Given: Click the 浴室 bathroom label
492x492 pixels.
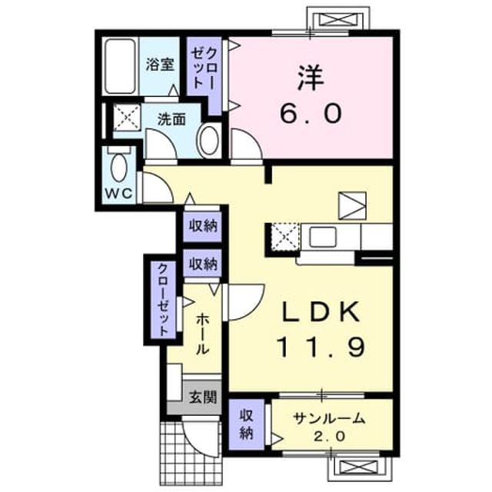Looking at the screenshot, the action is tap(160, 65).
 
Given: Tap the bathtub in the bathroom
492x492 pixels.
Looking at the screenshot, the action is tap(120, 66).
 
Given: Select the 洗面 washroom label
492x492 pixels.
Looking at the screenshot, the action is tap(171, 119).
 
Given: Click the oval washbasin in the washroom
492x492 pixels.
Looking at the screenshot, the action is tap(209, 141).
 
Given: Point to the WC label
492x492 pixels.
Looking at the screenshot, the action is tap(119, 193).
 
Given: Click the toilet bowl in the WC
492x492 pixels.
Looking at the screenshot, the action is tap(119, 166).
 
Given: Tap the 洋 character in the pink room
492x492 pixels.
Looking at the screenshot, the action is tap(311, 78).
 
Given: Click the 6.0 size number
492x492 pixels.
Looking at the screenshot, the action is tap(311, 113).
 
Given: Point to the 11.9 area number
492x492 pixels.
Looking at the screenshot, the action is tap(321, 347).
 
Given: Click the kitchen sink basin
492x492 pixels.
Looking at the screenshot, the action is tap(323, 235).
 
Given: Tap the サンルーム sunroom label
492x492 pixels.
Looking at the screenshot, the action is tap(330, 419).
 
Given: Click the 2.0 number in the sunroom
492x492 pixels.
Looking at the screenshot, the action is tap(330, 436).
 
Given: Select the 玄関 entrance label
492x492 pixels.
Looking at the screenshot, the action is tap(202, 397).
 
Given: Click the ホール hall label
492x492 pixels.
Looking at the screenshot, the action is tap(202, 334).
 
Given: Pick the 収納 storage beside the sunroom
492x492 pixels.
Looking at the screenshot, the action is tap(247, 424).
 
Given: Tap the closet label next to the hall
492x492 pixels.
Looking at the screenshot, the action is tap(163, 299).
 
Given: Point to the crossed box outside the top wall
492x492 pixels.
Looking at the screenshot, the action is tap(338, 19).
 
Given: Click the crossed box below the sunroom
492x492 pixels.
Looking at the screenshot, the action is tap(359, 467).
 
